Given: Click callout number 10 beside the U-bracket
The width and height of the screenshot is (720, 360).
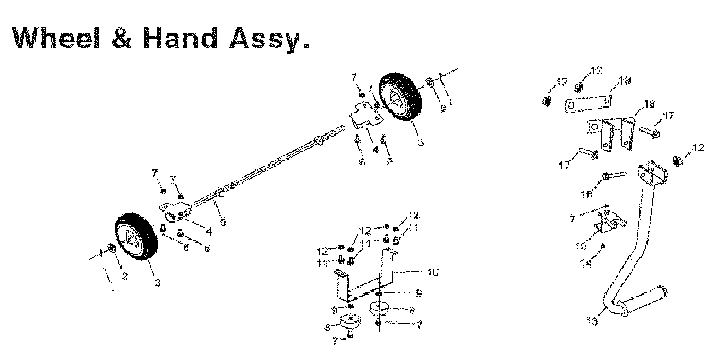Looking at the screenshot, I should tap(433, 272).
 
